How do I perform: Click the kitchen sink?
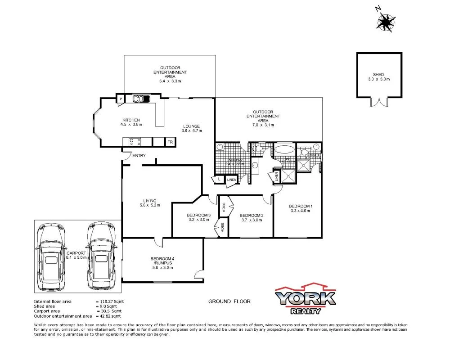coord(143,99)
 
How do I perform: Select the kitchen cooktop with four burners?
coord(134,142)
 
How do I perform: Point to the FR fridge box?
coord(170,142)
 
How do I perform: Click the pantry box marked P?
coord(121,99)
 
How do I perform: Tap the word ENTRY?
coord(138,156)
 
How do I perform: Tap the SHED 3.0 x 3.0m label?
coord(378,76)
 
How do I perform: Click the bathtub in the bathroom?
coord(284,150)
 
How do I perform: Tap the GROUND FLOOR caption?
coord(229,301)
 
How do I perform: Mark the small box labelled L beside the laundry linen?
coord(219,179)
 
